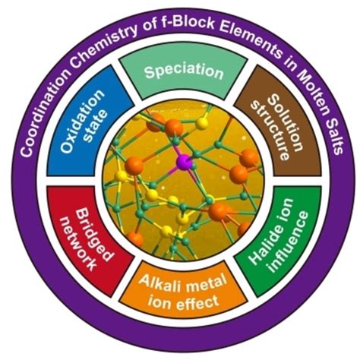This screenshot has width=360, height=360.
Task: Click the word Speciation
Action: click(x=184, y=71)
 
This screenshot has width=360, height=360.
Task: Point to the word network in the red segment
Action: click(x=77, y=244)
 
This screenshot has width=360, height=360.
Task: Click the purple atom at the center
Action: click(x=184, y=162)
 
